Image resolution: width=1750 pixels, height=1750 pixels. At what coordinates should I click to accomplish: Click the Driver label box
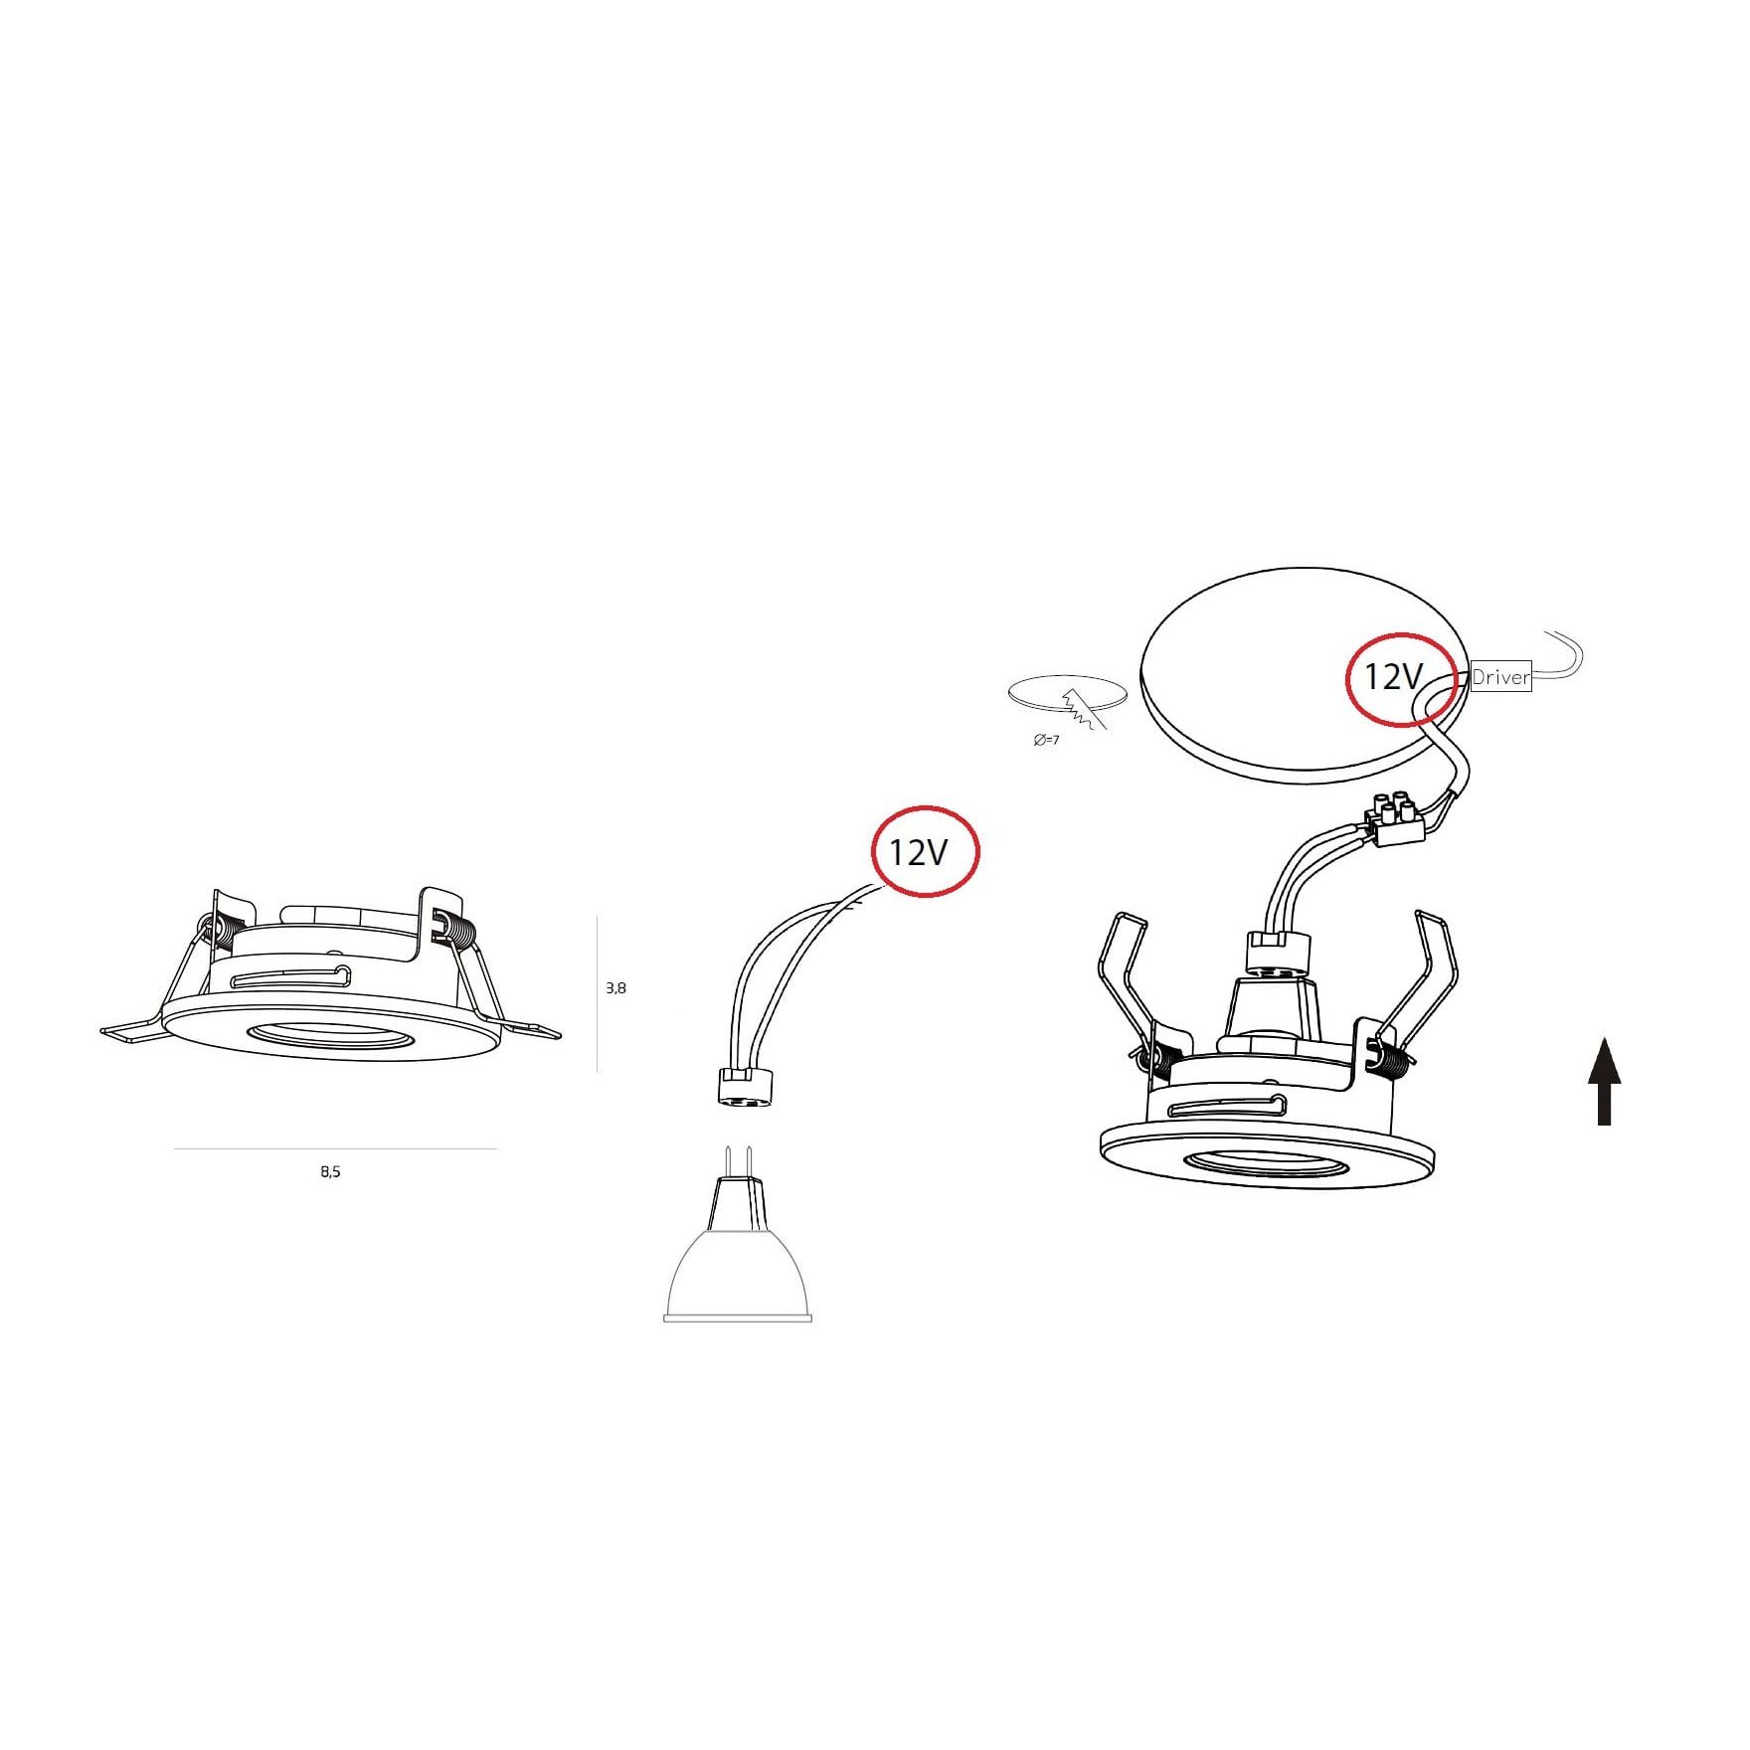tap(1500, 676)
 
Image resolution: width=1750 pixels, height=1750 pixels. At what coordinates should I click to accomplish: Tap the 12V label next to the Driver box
tap(1393, 677)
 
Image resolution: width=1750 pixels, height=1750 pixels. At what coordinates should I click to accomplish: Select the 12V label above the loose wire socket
tap(919, 852)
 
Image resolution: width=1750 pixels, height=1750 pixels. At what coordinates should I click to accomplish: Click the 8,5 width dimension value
tap(330, 1172)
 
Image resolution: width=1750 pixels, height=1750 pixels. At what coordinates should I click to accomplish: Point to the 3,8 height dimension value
tap(615, 988)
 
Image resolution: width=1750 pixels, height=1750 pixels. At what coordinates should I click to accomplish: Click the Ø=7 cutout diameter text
tap(1046, 741)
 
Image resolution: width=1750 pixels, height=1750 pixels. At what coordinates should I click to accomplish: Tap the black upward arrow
tap(1604, 1082)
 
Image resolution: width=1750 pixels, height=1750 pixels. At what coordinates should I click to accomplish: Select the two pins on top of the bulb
tap(738, 1161)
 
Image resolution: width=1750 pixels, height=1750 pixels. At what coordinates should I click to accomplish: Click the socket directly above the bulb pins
tap(737, 1087)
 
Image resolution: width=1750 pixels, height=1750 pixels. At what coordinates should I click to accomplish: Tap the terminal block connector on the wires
tap(1393, 818)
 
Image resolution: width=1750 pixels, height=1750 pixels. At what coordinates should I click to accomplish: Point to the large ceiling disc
tap(1304, 674)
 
